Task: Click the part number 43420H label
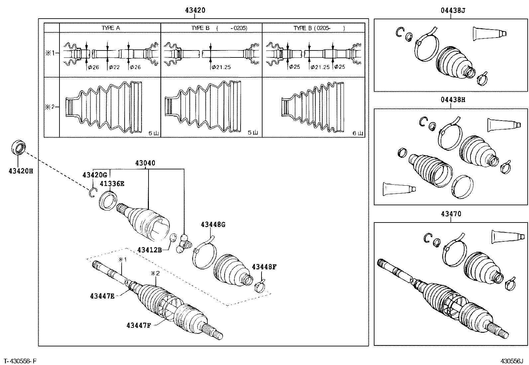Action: coord(21,171)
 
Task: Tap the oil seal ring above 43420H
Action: coord(18,148)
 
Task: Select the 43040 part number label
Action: coord(145,163)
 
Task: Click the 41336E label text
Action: coord(113,184)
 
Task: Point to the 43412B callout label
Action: coord(150,250)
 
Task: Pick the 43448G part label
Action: coord(213,225)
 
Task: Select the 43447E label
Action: coord(102,296)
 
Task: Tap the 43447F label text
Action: coord(139,325)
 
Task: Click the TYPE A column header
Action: coord(110,28)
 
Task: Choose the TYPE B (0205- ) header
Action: coord(319,28)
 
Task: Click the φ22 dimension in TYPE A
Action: coord(114,67)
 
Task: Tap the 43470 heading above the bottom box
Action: coord(451,214)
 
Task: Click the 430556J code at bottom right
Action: coord(512,361)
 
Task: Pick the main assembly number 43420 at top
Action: coord(195,10)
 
